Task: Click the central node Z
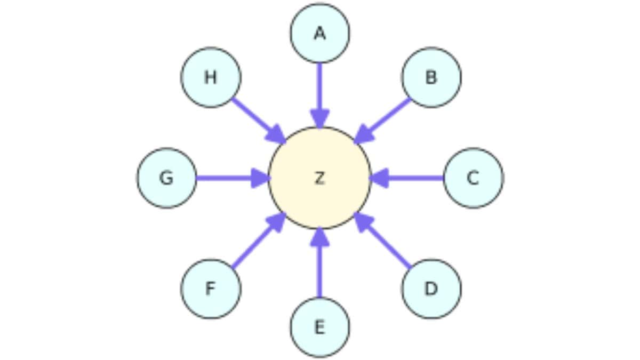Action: (319, 178)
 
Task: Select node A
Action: (320, 33)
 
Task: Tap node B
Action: (431, 77)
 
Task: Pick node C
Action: (473, 178)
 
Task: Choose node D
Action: (431, 289)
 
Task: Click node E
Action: (320, 326)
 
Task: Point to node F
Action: (211, 289)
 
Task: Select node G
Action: (166, 178)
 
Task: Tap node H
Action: (211, 77)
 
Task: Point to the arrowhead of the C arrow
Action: (379, 178)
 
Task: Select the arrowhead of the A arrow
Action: (320, 118)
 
